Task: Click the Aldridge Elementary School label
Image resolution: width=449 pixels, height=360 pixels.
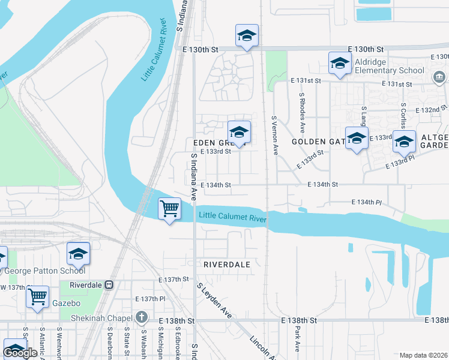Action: tap(388, 66)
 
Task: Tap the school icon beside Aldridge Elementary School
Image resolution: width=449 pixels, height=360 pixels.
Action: tap(340, 64)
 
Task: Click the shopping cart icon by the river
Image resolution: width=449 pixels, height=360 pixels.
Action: tap(170, 209)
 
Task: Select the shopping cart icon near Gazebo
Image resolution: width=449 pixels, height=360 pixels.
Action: tap(38, 296)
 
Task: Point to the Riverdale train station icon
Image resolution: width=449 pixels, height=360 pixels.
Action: tap(109, 284)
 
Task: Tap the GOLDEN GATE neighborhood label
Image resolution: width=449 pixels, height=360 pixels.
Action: tap(316, 142)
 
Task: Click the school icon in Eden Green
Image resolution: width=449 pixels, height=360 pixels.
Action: tap(239, 133)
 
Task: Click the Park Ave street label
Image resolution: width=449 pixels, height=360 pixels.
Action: tap(297, 338)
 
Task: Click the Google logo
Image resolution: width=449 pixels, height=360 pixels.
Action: tap(20, 353)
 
